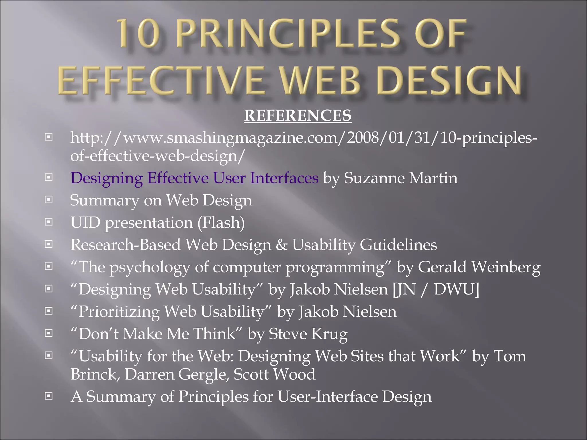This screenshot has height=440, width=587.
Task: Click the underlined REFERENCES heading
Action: coord(298,115)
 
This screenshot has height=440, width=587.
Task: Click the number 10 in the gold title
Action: coord(138,34)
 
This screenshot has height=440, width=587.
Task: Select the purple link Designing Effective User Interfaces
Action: coord(194,178)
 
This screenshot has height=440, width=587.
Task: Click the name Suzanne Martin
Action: coord(400,178)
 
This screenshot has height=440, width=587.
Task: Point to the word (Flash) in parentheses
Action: coord(221,223)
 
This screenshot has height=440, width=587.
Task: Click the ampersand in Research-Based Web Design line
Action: coord(281,245)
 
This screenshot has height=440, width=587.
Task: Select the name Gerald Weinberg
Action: coord(479,267)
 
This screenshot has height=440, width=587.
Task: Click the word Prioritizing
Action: coord(119,312)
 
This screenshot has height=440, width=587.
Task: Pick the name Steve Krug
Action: coord(308,334)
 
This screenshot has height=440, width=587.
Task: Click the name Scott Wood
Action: coord(274,374)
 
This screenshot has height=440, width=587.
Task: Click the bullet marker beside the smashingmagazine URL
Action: coord(49,137)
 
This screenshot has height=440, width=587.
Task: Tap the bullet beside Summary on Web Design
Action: coord(49,200)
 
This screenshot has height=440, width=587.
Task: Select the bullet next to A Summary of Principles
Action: coord(49,396)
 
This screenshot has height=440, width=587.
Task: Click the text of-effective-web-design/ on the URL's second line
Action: coord(158,156)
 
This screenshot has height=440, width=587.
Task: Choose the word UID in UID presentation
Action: coord(85,223)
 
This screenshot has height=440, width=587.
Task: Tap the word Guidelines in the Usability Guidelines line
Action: coord(398,245)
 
